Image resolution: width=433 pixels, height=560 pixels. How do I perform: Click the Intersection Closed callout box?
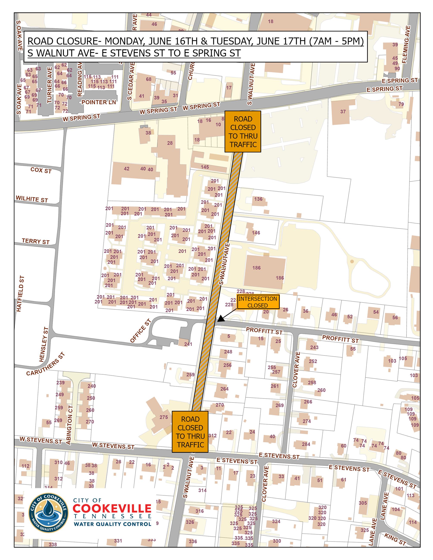258,302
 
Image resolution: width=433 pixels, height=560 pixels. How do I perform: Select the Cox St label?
41,170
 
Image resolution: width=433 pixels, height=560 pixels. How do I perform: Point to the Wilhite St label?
32,199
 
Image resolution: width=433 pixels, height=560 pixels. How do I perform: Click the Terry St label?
35,241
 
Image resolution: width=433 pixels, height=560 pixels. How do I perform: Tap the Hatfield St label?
20,294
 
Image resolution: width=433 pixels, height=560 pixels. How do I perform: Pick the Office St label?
140,331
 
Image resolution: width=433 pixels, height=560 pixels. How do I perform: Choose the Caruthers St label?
46,364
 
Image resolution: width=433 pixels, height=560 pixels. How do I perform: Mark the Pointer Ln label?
99,102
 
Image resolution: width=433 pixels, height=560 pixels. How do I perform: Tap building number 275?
164,417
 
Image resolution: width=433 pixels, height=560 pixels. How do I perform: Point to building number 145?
205,167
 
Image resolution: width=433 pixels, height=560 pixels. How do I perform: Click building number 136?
258,199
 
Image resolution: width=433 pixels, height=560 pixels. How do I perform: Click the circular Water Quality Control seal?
48,512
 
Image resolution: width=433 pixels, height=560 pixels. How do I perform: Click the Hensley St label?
44,344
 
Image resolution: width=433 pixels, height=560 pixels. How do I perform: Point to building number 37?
343,112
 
